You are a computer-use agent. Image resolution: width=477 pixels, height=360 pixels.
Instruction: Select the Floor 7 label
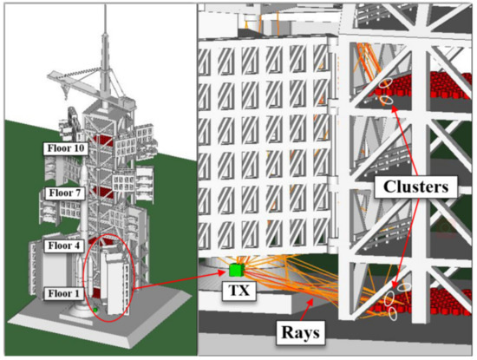pos(64,193)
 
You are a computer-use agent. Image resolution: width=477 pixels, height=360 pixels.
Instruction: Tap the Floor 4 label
pos(64,245)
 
